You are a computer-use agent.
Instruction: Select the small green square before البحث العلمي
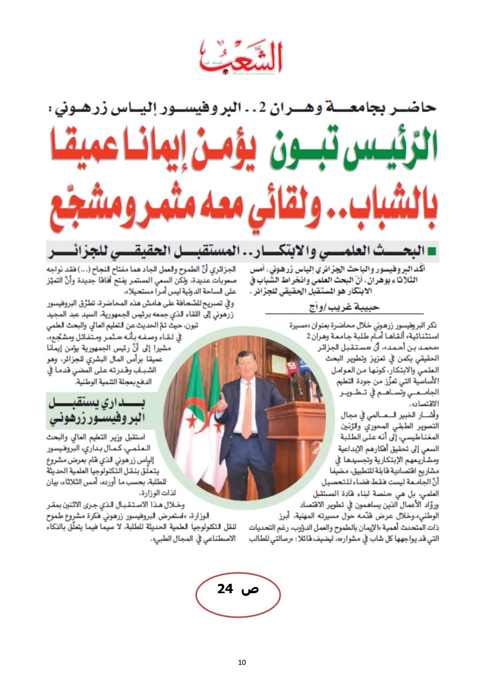click(x=431, y=251)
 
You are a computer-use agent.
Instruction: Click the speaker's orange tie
click(x=246, y=409)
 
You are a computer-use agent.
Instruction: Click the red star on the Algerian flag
click(x=192, y=421)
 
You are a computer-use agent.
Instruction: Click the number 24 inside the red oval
click(x=225, y=589)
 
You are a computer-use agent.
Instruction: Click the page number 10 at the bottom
click(x=242, y=662)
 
